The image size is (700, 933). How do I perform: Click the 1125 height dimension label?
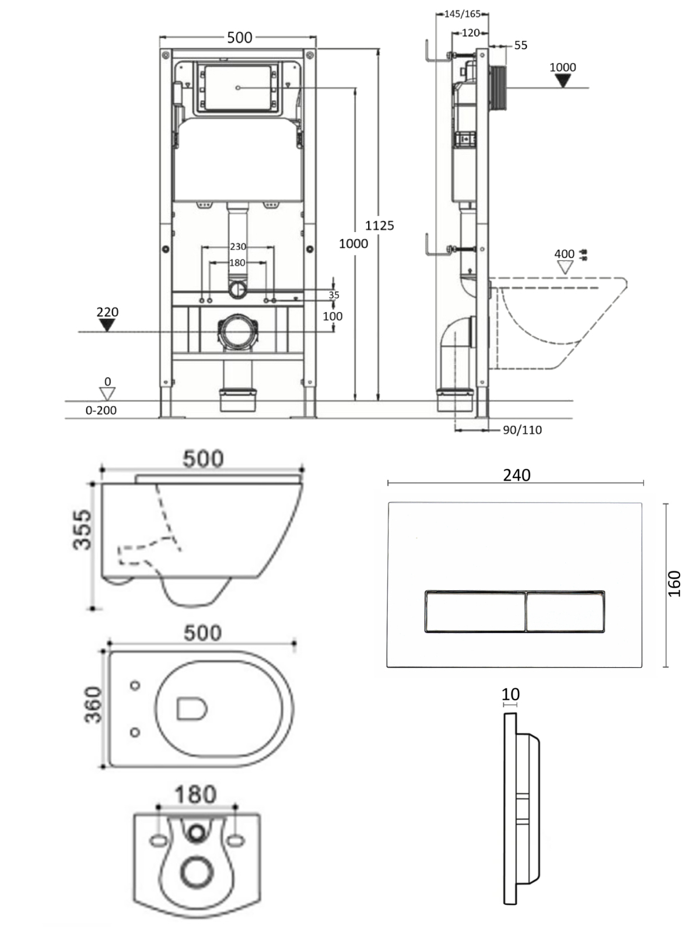click(x=380, y=225)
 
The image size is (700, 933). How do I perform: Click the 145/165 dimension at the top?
click(x=462, y=13)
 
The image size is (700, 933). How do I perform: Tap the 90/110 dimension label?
click(x=522, y=430)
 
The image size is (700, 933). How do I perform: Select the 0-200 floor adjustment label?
click(x=101, y=410)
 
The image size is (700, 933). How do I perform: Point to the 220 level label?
click(x=107, y=312)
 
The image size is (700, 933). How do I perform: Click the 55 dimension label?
click(x=520, y=45)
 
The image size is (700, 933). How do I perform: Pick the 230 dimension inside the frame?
click(x=237, y=247)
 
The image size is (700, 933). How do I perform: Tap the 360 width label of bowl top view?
click(x=93, y=704)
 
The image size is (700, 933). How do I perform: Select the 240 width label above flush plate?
click(x=516, y=475)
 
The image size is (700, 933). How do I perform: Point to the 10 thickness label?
click(x=510, y=694)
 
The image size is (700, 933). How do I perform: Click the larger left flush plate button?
click(x=475, y=611)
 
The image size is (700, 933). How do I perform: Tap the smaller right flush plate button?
click(x=565, y=611)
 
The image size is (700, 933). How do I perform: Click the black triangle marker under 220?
click(x=107, y=325)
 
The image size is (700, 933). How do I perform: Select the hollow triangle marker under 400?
click(x=565, y=267)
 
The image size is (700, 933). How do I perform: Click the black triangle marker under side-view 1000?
click(x=562, y=80)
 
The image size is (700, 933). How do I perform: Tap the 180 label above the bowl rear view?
click(x=195, y=794)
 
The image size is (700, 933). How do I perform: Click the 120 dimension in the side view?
click(x=470, y=33)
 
